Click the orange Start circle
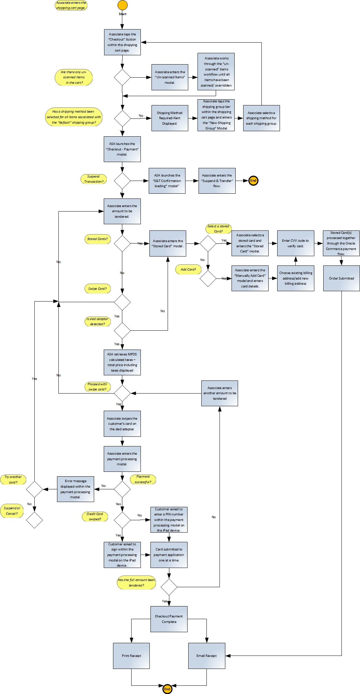point(123,5)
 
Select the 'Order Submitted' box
point(341,278)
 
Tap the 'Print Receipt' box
point(131,656)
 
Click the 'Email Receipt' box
point(206,656)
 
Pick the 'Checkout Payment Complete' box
point(169,619)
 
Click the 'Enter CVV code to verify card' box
point(295,243)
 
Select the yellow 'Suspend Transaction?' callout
point(93,179)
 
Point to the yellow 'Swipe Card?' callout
point(97,288)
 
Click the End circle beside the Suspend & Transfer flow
point(253,181)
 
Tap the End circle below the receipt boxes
point(167,689)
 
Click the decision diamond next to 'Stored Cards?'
point(122,243)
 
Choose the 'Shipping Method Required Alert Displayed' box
point(170,118)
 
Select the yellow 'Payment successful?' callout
point(143,479)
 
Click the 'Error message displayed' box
point(76,489)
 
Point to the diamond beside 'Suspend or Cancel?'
point(34,520)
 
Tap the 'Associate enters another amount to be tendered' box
point(220,393)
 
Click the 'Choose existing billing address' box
point(295,278)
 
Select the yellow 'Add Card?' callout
point(188,269)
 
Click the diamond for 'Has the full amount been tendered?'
point(169,587)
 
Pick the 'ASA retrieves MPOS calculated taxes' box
point(122,362)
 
